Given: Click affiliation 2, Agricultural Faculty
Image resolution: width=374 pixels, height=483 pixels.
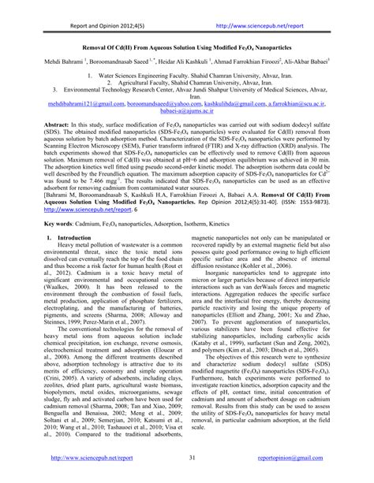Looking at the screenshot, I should [x=183, y=83].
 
